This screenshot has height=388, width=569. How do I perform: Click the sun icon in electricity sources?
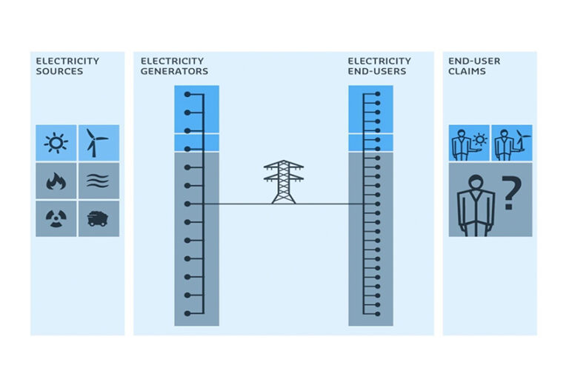click(56, 142)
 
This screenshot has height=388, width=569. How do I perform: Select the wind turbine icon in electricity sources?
click(98, 142)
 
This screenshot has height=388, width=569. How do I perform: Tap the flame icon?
click(56, 180)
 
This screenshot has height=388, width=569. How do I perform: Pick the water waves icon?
click(98, 180)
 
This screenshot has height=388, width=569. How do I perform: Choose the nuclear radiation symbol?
click(56, 218)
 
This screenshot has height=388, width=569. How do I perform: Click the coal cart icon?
click(98, 218)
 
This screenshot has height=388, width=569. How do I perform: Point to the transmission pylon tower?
click(284, 181)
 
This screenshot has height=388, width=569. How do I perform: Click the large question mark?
click(509, 196)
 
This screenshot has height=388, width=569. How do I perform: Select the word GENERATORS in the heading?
click(174, 72)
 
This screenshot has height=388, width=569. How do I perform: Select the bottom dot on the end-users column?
click(377, 313)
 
